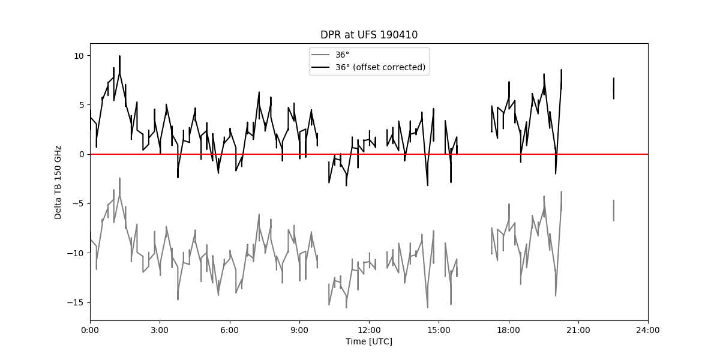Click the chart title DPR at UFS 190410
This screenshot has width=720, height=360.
[369, 35]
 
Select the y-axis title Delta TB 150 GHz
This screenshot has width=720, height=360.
[58, 182]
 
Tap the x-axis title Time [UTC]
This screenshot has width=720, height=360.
[369, 341]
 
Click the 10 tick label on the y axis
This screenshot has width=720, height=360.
[79, 56]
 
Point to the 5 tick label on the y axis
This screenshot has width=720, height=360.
[82, 105]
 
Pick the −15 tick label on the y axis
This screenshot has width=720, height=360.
[76, 303]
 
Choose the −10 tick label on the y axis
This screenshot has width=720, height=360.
[76, 253]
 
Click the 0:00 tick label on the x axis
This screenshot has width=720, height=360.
[91, 331]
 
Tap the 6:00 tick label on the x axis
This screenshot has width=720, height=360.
[230, 331]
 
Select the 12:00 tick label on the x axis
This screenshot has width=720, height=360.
[370, 331]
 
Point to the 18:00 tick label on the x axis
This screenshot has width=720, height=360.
[509, 331]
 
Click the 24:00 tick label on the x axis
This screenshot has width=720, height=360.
[648, 331]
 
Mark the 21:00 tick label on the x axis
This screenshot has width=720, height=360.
[578, 331]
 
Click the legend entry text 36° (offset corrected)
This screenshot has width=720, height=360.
[380, 67]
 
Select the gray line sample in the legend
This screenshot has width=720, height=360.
[320, 55]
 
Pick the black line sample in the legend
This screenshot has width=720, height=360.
[320, 67]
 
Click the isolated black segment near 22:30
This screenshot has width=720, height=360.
[614, 88]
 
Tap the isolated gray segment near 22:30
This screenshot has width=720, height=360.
[614, 211]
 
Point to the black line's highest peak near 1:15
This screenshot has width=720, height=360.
[119, 56]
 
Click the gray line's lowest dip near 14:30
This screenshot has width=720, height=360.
[427, 308]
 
